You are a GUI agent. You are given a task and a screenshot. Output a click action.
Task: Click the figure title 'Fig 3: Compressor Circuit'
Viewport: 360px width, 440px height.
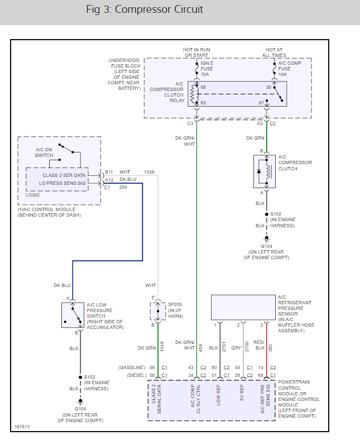click(145, 9)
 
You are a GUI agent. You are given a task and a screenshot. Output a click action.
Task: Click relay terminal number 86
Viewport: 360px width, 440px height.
click(203, 88)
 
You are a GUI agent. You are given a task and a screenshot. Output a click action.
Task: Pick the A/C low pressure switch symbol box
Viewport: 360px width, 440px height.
click(72, 315)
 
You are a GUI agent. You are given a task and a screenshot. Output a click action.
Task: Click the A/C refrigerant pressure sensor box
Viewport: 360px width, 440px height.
click(243, 307)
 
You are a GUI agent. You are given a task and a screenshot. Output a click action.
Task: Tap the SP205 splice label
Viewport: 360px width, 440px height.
click(175, 305)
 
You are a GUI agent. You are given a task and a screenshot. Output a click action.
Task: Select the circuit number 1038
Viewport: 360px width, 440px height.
click(150, 172)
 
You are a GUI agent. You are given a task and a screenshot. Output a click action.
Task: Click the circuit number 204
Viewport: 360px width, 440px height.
click(122, 187)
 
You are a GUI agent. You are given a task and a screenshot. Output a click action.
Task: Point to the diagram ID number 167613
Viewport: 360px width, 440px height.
click(22, 428)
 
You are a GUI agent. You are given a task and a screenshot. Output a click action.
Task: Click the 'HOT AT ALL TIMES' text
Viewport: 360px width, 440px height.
click(275, 52)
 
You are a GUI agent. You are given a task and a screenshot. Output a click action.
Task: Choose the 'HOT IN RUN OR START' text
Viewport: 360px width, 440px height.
click(196, 52)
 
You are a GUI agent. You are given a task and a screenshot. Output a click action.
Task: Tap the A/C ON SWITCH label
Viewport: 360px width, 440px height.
click(45, 152)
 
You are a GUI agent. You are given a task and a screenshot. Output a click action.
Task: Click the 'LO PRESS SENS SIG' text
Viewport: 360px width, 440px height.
click(63, 183)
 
